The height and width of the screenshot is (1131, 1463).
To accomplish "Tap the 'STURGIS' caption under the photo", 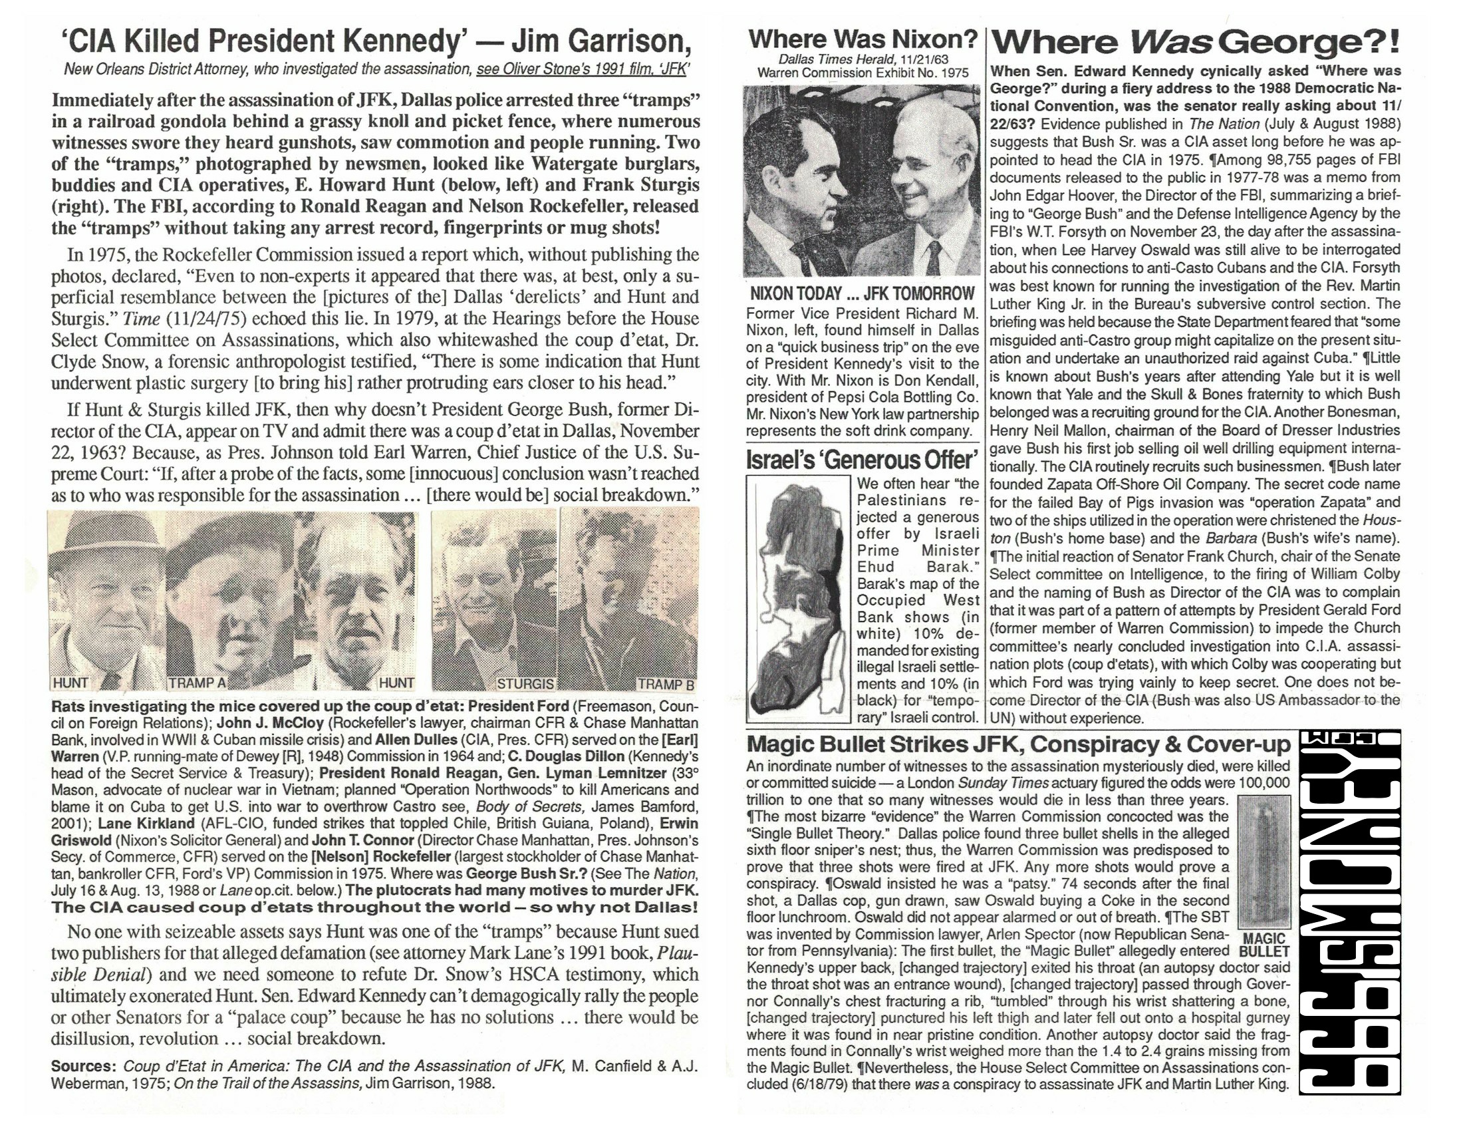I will [525, 683].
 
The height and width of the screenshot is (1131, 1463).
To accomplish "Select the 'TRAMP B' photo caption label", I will [665, 684].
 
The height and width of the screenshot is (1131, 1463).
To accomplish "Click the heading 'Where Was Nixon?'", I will [863, 39].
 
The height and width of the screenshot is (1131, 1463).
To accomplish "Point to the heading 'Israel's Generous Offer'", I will [862, 460].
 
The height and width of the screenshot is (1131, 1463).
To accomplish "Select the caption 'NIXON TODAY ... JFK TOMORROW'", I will [862, 293].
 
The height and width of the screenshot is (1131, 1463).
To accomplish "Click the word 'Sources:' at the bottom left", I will [84, 1066].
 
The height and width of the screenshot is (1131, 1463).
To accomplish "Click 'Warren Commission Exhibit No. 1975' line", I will [863, 73].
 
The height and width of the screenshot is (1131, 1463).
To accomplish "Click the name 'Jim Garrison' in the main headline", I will [600, 41].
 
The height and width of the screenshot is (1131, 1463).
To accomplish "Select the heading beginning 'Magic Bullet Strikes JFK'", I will [1017, 744].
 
